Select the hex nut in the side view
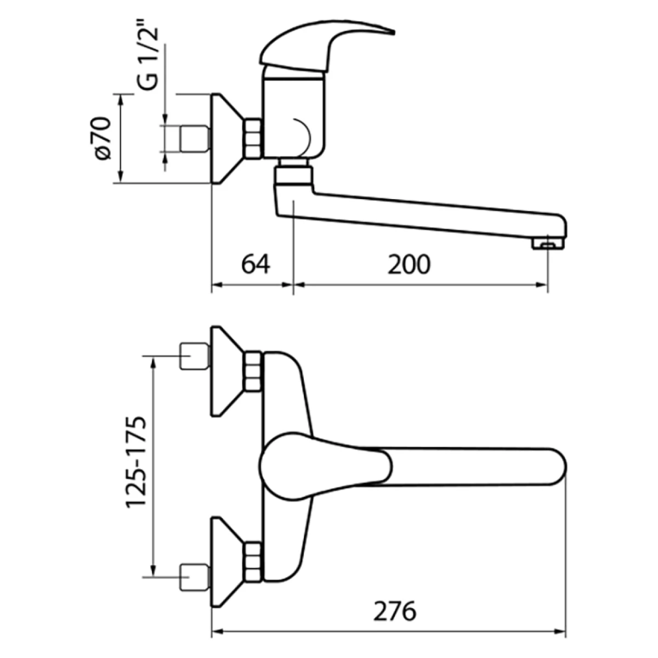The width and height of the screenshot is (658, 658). tap(253, 139)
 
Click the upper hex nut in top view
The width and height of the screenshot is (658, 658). tap(253, 372)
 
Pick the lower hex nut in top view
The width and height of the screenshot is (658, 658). tap(253, 561)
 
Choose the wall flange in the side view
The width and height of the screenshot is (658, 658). tap(225, 138)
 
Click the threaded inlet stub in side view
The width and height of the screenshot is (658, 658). tap(195, 138)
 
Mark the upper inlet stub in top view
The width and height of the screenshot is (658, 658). tap(195, 356)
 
